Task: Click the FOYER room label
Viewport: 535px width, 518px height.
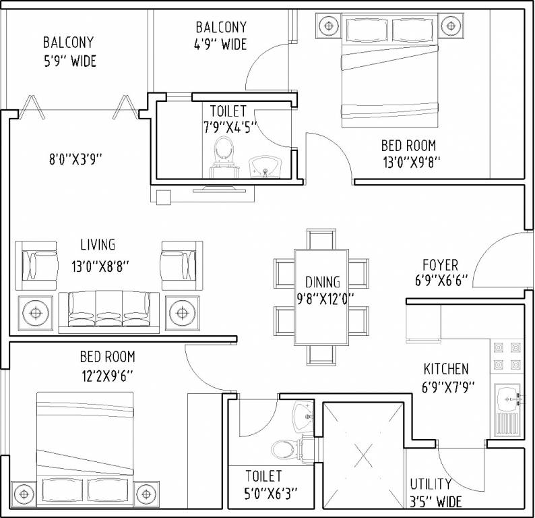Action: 440,265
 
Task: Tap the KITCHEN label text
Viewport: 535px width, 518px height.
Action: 446,369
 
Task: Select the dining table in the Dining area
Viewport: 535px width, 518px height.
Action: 321,297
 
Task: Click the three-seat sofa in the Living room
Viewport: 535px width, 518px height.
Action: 109,312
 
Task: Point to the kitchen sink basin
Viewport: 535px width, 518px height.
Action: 507,399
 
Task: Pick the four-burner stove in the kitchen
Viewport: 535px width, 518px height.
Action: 507,356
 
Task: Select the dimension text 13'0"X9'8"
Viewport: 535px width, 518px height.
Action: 412,163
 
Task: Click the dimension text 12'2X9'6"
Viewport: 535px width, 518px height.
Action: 107,376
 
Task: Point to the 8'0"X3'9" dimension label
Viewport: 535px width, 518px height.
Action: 75,159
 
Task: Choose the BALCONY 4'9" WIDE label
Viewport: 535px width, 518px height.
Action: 221,36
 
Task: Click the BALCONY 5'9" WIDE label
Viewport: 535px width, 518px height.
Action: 69,51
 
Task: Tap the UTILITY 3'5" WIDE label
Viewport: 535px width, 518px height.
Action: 436,493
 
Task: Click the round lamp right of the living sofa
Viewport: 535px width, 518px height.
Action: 182,313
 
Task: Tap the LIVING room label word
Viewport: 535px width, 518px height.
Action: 98,245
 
